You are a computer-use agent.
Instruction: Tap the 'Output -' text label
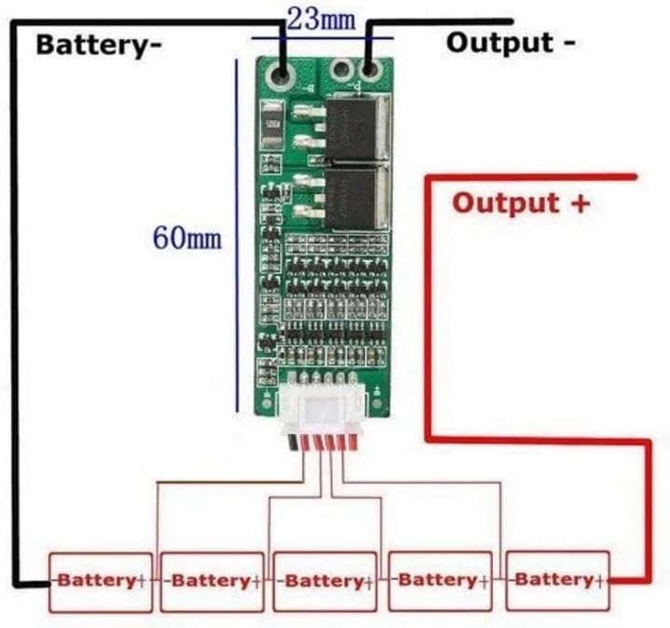(511, 42)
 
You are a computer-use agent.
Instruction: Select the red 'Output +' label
(521, 203)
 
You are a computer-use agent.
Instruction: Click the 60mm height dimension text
(187, 238)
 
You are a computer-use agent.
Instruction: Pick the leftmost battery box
(100, 581)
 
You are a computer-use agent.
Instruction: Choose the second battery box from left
(212, 581)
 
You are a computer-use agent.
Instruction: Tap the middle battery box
(324, 581)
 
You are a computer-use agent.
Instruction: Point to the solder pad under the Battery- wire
(281, 72)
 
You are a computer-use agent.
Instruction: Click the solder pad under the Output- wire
(370, 69)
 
